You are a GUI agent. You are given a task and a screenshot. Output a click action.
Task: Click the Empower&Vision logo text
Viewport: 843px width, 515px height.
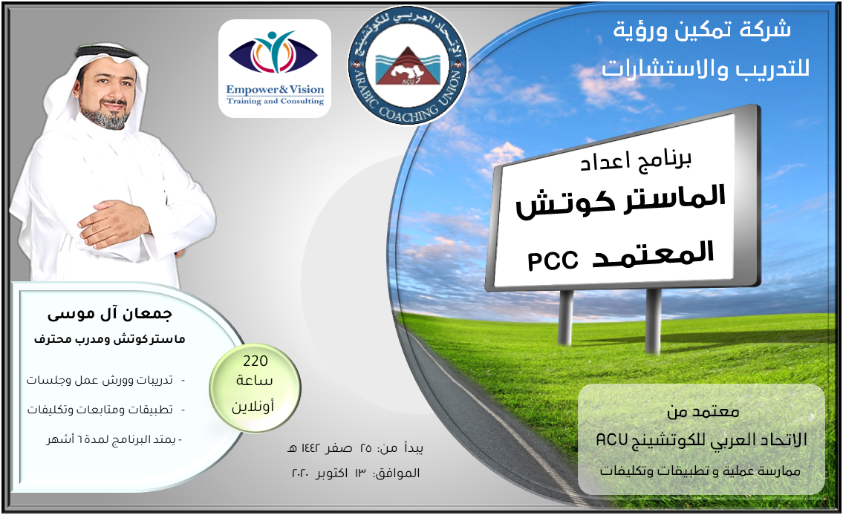275,94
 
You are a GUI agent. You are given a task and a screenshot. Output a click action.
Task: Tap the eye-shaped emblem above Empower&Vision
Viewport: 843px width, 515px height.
273,53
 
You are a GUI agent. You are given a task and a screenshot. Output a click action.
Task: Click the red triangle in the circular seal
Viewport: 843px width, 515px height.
408,65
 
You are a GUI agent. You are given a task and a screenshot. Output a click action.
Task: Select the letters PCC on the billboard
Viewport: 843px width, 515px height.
553,261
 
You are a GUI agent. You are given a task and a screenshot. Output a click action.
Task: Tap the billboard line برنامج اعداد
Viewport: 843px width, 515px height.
635,161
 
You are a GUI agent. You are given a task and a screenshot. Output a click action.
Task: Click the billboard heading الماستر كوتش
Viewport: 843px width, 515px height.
621,201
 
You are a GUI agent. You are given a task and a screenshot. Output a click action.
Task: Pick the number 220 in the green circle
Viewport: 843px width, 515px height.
255,361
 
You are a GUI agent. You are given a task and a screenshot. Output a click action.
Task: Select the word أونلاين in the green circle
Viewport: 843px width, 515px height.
253,406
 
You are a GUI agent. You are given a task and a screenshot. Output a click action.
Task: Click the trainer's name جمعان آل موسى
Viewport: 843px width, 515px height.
110,314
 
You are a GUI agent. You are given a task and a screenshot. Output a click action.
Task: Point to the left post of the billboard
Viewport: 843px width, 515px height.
565,318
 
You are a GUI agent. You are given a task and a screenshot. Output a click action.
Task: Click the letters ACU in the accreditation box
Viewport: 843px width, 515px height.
612,440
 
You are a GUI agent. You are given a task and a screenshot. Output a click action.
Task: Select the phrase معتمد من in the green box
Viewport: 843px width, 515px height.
703,412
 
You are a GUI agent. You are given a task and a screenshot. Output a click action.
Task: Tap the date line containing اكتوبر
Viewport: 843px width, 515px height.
355,473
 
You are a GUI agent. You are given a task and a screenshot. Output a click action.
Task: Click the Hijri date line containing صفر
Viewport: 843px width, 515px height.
355,448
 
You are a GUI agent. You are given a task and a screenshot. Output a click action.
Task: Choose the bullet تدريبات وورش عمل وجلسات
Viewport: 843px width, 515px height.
100,380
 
